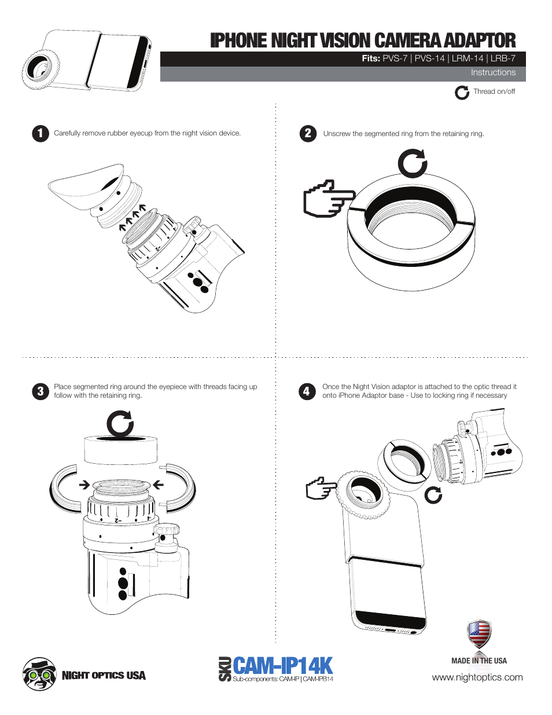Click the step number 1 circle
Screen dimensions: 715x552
pos(40,134)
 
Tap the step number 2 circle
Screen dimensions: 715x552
pos(308,134)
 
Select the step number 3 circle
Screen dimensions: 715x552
pos(40,391)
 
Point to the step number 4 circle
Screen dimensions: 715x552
pos(307,391)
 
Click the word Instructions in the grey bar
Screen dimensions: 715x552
pos(492,73)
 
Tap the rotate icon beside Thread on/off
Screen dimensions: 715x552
pos(462,93)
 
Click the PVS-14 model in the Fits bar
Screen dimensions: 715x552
pos(429,58)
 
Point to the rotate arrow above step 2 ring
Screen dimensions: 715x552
pos(412,163)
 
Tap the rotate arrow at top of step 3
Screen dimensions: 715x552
pos(120,424)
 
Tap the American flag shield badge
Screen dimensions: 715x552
pos(479,634)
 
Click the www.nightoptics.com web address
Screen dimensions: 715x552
pos(477,677)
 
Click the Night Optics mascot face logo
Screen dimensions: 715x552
pos(39,674)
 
